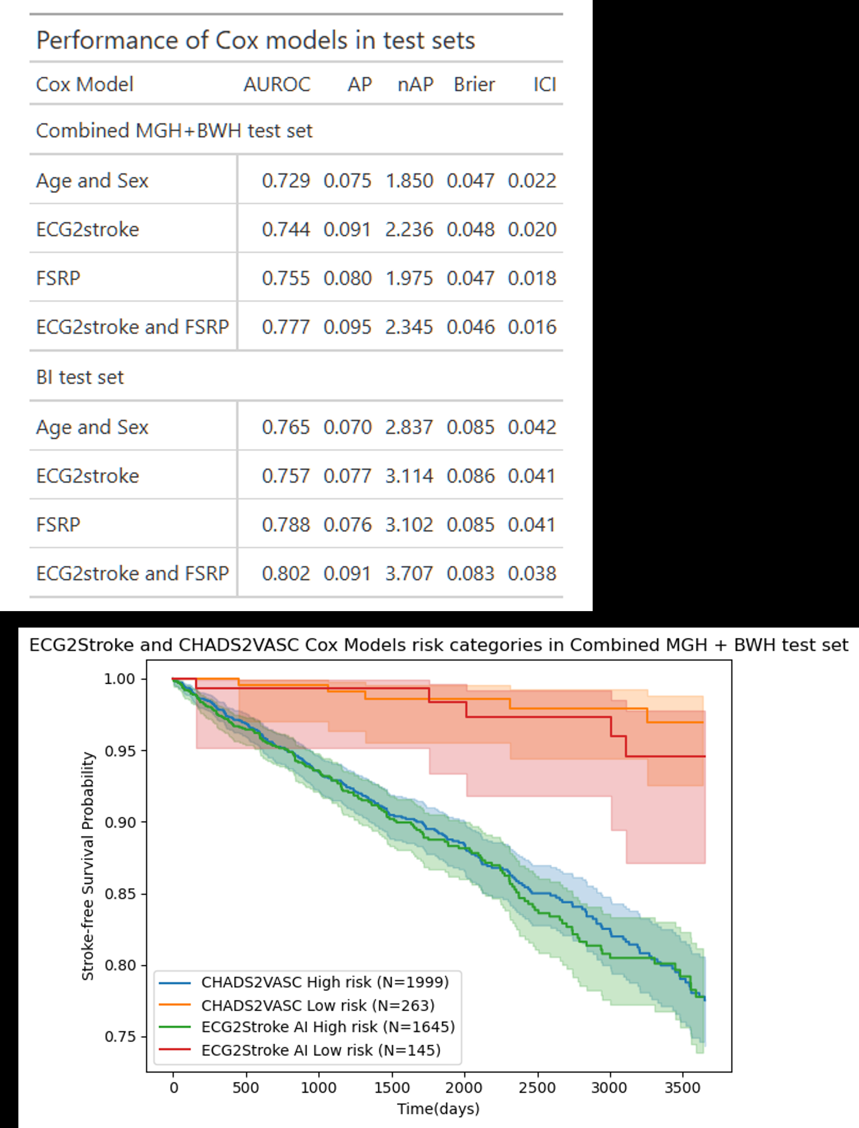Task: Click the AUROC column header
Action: pos(277,85)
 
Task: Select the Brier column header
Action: pos(474,85)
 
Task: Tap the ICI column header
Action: pos(545,85)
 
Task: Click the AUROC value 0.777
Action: pos(286,327)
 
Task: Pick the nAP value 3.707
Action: pos(409,573)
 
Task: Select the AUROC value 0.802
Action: pos(286,573)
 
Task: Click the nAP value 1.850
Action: pos(409,181)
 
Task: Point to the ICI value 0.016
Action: pos(532,327)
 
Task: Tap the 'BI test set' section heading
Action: pos(80,378)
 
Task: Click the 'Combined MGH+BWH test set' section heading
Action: pos(174,131)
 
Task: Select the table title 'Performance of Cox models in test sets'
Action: pos(256,40)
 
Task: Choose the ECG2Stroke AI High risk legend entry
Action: pos(328,1027)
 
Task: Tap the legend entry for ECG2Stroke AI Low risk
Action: pos(321,1050)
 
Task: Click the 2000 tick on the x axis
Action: pos(464,1087)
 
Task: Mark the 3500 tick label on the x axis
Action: pos(682,1087)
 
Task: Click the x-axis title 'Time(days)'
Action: pos(438,1109)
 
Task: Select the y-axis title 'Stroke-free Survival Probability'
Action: pos(88,866)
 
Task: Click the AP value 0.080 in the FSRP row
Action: pos(347,278)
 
